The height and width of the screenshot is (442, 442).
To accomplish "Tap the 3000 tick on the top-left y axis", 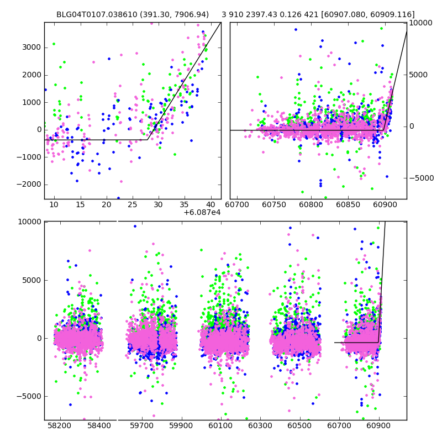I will tap(31, 48).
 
